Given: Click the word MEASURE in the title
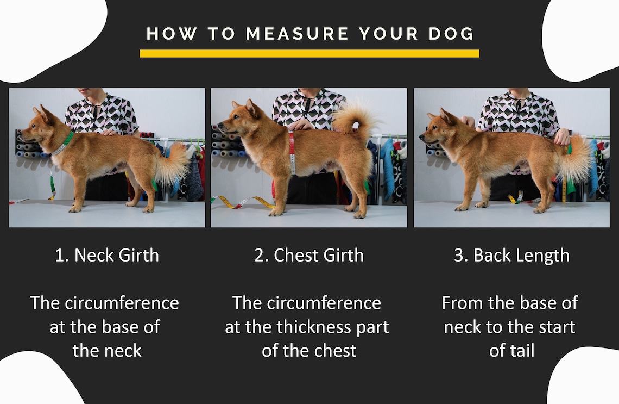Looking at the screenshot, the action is [297, 34].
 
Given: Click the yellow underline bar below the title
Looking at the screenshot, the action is [309, 53].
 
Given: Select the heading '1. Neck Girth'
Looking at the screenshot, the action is [106, 256].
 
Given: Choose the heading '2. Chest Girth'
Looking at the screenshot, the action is [309, 256].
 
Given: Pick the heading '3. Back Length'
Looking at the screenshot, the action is [511, 256].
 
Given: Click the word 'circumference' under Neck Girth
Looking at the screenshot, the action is [122, 303].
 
